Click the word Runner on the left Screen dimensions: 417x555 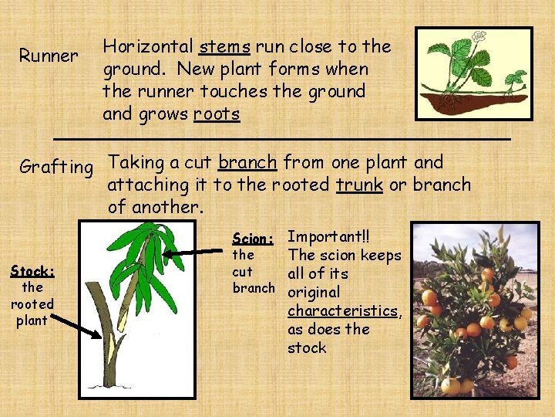coord(48,56)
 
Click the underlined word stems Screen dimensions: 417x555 coord(224,47)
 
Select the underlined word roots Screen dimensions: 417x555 coord(217,115)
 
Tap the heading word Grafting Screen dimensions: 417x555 coord(55,167)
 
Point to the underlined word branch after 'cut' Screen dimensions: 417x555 coord(247,162)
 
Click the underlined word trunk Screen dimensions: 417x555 coord(359,185)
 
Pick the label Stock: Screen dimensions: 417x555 coord(32,271)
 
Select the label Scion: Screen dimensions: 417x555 coord(252,238)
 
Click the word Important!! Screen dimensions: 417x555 coord(323,236)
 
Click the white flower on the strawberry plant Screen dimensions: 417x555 coord(478,36)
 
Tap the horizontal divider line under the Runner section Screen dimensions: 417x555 coord(281,137)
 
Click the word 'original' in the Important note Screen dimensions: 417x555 coord(314,292)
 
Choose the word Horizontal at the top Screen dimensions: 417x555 coord(148,46)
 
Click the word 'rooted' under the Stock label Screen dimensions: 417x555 coord(32,303)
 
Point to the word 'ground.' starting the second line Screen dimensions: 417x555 coord(132,69)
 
